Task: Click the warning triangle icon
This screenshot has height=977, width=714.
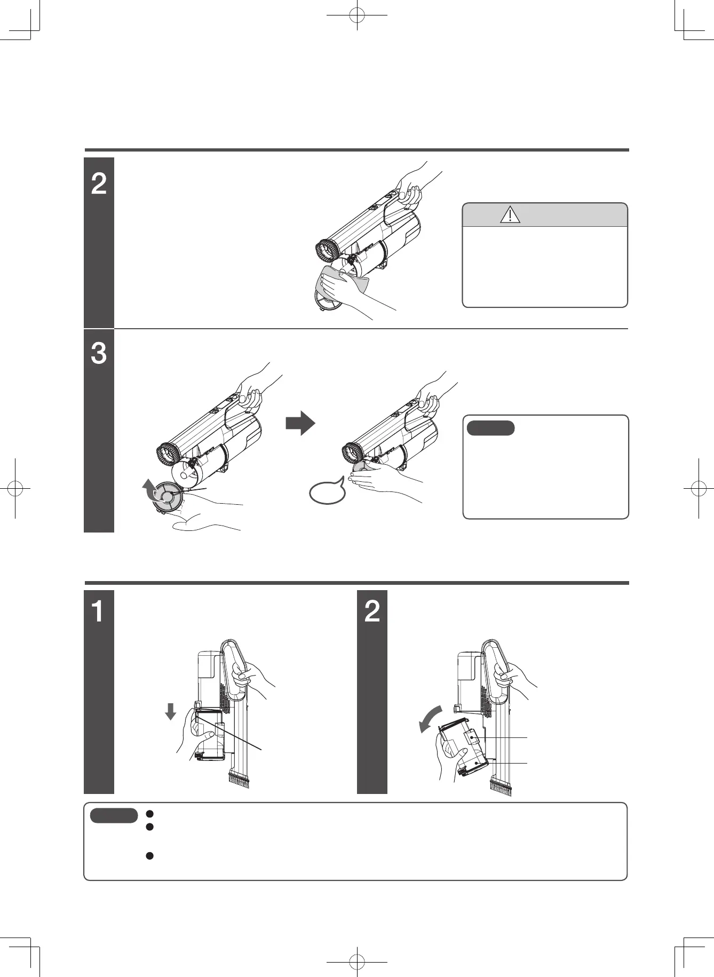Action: coord(511,215)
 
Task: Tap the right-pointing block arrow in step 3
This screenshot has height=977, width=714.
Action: coord(300,423)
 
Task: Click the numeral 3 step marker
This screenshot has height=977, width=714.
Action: coord(99,353)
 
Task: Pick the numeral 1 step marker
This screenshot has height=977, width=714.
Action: coord(98,611)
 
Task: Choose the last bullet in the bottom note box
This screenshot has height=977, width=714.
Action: coord(150,856)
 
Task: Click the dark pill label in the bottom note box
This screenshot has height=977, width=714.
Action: coord(114,816)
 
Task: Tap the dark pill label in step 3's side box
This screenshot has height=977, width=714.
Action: coord(491,428)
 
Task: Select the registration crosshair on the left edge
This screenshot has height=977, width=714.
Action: coord(15,488)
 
